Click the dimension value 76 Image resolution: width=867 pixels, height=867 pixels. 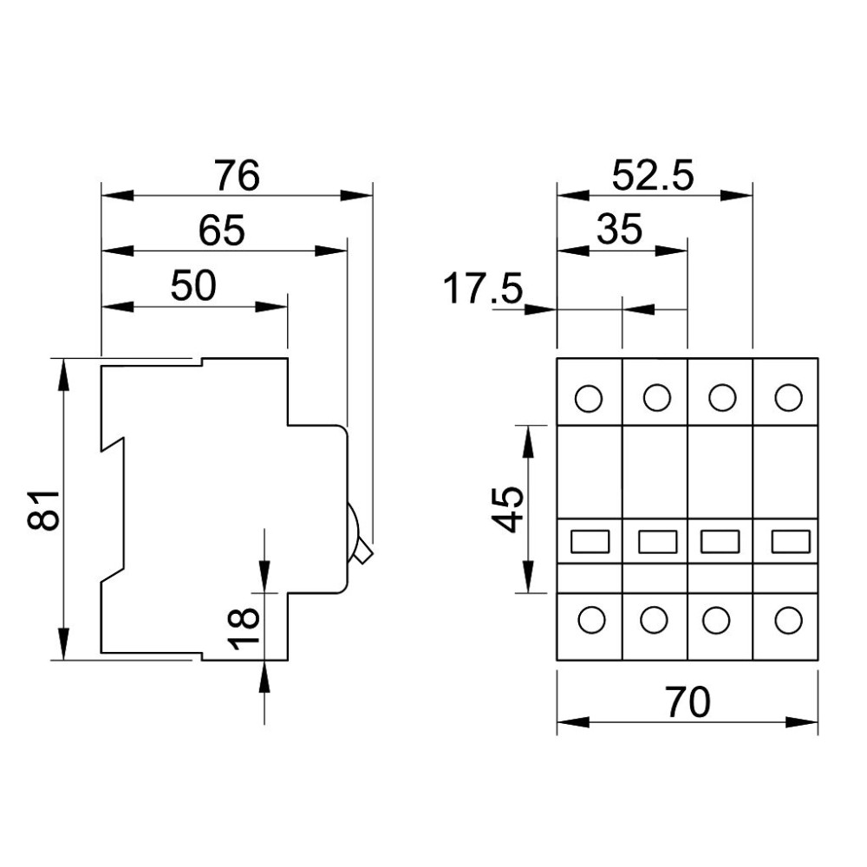(x=238, y=175)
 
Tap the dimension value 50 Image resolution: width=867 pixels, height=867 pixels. (x=193, y=286)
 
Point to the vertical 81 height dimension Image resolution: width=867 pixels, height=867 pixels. (x=43, y=509)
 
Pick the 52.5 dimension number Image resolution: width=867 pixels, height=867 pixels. (x=653, y=176)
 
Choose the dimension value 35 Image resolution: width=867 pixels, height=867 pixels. (x=619, y=229)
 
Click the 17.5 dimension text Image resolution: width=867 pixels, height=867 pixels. (x=483, y=288)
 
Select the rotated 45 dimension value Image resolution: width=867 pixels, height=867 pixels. (x=507, y=509)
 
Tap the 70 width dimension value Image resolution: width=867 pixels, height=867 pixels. (x=688, y=702)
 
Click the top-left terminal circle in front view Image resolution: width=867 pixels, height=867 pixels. (x=589, y=398)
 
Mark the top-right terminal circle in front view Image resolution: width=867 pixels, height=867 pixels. (x=788, y=398)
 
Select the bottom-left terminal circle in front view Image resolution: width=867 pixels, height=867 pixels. (x=591, y=621)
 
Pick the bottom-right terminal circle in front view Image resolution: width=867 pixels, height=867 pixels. (x=788, y=621)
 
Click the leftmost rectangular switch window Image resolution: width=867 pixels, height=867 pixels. (x=590, y=541)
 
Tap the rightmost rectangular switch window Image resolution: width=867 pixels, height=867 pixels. (x=791, y=541)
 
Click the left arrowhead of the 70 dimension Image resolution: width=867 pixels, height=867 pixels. (x=573, y=721)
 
